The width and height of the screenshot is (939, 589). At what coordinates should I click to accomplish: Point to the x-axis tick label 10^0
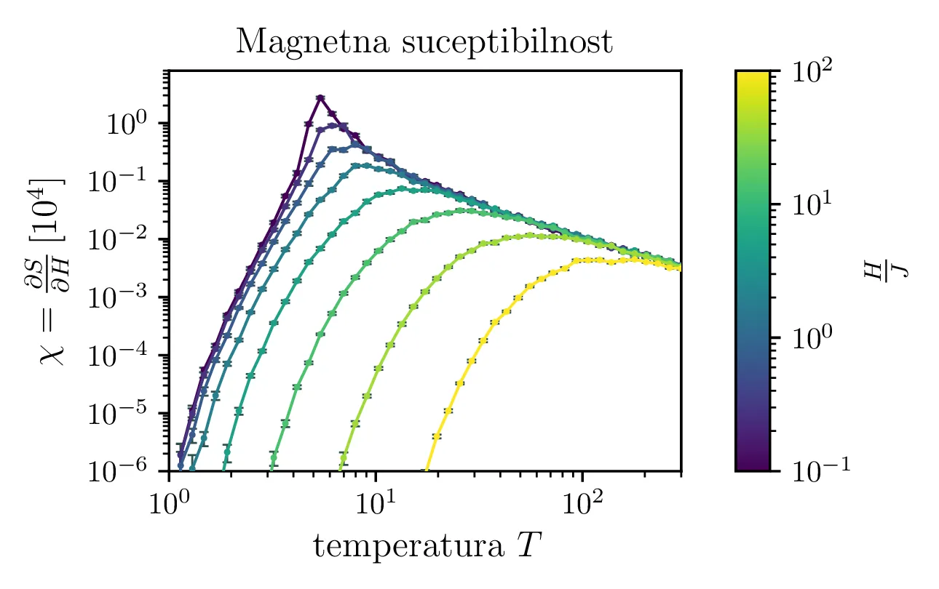point(169,503)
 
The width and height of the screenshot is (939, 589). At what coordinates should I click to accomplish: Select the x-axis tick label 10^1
point(375,503)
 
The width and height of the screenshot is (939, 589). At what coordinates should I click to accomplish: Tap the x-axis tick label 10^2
point(581,503)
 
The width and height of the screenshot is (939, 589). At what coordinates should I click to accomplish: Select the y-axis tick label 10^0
point(132,124)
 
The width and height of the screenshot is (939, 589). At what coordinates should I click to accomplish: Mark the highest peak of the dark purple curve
point(320,97)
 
